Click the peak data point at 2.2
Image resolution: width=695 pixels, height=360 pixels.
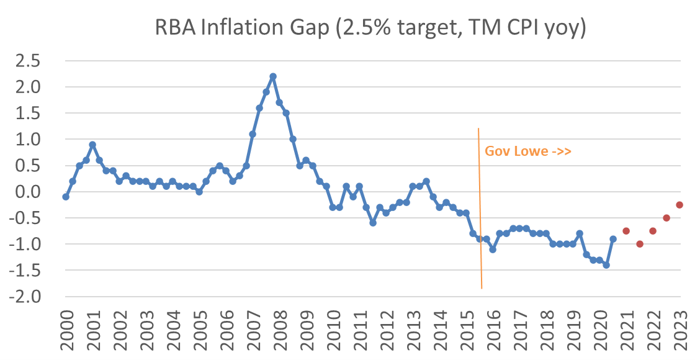point(272,76)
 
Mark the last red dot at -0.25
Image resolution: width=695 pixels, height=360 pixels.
point(679,205)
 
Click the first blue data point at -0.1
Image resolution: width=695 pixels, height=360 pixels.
point(66,197)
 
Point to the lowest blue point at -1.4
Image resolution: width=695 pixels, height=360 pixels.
point(606,265)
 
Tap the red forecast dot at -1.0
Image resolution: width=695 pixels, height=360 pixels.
point(640,244)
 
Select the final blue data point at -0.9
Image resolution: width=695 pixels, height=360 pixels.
point(613,239)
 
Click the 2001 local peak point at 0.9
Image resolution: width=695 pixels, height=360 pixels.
point(92,145)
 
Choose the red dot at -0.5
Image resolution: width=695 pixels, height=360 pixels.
point(666,218)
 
